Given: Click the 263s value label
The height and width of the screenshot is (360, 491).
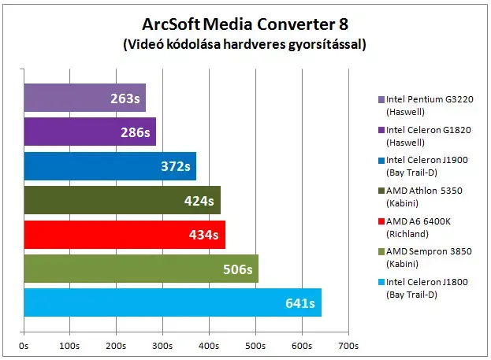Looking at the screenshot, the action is (x=125, y=98).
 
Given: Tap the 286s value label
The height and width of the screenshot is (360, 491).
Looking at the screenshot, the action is (x=136, y=132).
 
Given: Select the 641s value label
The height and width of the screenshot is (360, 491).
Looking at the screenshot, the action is (x=300, y=303).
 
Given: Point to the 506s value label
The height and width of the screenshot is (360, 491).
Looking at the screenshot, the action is (x=238, y=269).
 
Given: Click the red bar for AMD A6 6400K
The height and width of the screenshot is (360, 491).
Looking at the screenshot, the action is (x=125, y=235).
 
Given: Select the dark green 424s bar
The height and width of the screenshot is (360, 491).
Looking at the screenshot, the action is (x=122, y=200).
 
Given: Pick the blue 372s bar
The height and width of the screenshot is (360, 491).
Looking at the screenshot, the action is (x=110, y=166).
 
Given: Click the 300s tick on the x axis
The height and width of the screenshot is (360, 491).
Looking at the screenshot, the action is (x=162, y=346).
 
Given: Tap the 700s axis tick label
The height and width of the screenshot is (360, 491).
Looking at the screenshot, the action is (x=348, y=346).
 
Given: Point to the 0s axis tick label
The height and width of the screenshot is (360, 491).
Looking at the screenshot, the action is (x=24, y=346).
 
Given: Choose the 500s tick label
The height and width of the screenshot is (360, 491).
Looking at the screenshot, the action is (x=255, y=346).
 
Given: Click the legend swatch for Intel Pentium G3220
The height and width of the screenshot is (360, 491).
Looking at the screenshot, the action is (x=381, y=99).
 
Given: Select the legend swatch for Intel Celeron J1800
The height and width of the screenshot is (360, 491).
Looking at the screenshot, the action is (x=381, y=282).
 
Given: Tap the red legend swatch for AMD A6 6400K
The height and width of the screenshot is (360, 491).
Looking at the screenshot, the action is (x=381, y=221).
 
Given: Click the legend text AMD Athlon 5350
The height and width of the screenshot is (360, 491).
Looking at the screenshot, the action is (x=424, y=191).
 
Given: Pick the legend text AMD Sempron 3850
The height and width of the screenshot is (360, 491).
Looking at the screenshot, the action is (x=429, y=251).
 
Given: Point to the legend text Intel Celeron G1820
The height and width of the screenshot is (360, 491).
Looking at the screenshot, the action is (x=429, y=130).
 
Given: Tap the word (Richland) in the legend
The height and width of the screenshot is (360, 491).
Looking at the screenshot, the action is (x=407, y=234).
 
